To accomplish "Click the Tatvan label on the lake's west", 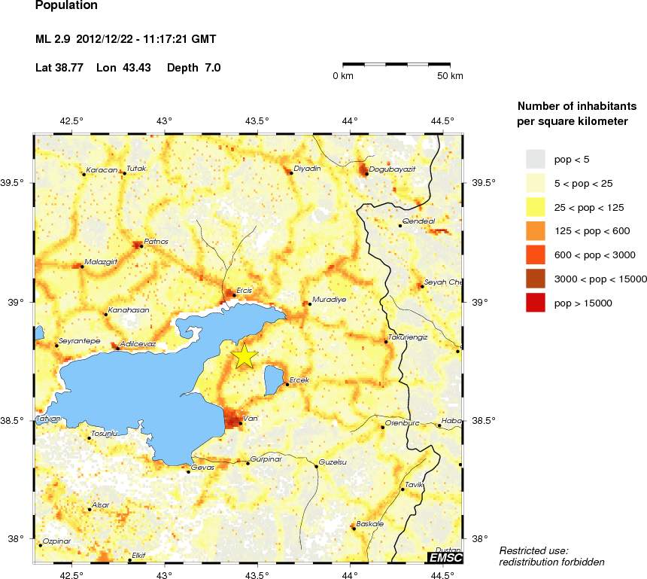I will pyautogui.click(x=48, y=418).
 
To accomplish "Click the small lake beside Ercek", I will pyautogui.click(x=273, y=380).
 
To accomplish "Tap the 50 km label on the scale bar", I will pyautogui.click(x=451, y=76).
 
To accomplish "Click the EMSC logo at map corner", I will pyautogui.click(x=445, y=557).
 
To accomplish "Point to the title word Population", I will pyautogui.click(x=66, y=5).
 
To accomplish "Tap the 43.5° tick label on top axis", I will pyautogui.click(x=257, y=120).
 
